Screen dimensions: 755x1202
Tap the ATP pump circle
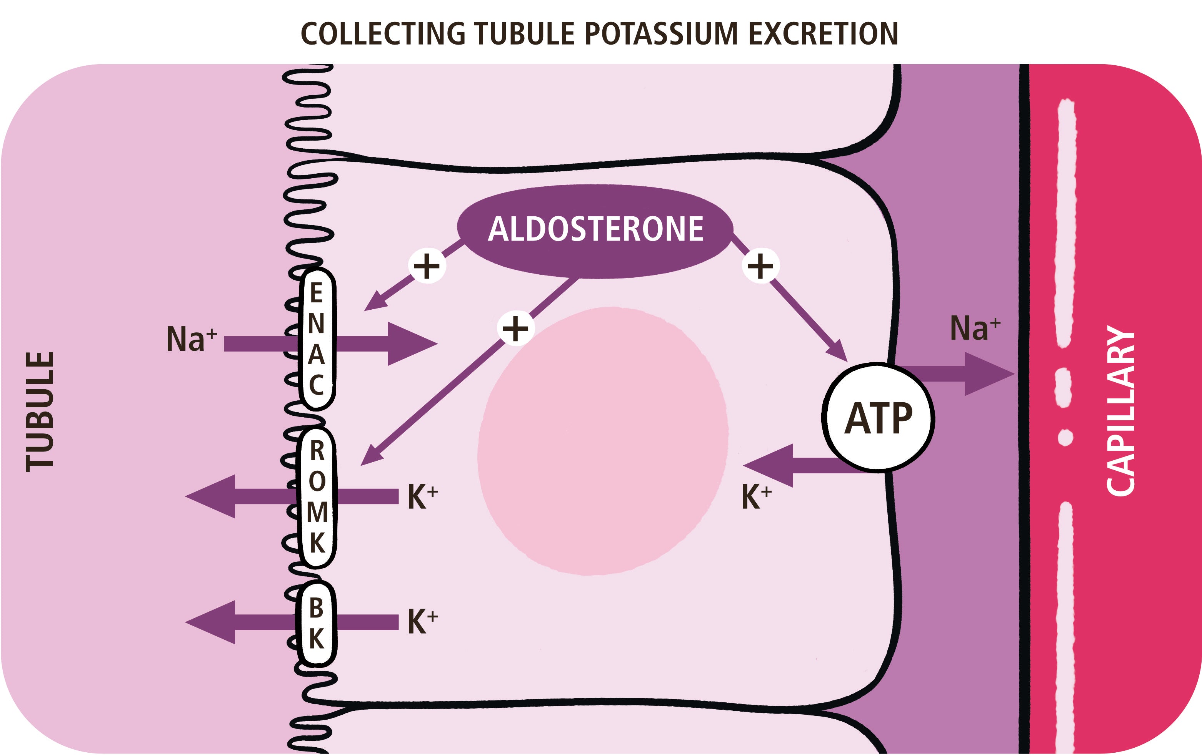coord(877,418)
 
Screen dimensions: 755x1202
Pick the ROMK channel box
coord(317,497)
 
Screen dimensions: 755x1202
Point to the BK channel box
coord(317,623)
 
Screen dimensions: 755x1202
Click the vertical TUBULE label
coord(40,412)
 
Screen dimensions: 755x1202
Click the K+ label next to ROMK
coord(422,497)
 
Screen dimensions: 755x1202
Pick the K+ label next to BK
coord(422,621)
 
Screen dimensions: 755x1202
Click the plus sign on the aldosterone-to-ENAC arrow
coord(427,266)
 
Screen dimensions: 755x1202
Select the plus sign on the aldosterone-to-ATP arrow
coord(760,266)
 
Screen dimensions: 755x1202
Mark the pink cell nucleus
coord(602,441)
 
